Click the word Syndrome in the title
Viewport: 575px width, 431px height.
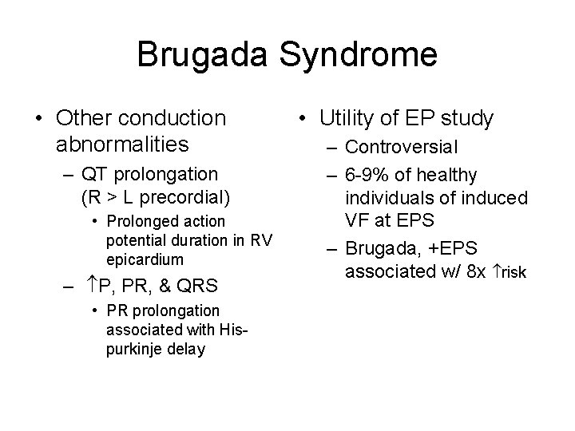359,55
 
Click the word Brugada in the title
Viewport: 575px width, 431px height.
204,55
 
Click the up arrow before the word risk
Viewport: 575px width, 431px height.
494,272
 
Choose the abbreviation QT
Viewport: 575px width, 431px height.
93,173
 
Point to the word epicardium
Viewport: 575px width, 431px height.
145,259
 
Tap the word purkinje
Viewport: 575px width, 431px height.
133,349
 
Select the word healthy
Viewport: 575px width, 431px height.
447,175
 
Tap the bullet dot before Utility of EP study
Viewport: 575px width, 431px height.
303,120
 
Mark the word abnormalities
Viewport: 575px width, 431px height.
122,144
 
